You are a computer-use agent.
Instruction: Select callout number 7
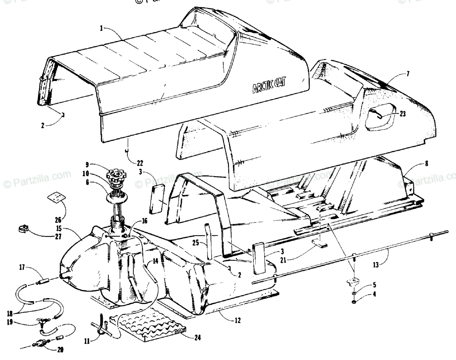point(407,74)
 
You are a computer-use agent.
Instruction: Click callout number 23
point(403,113)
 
